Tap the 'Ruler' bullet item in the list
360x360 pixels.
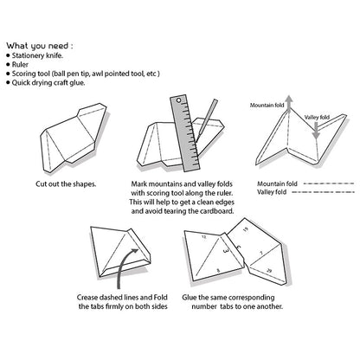click(25, 64)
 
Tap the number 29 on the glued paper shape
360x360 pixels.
click(271, 271)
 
